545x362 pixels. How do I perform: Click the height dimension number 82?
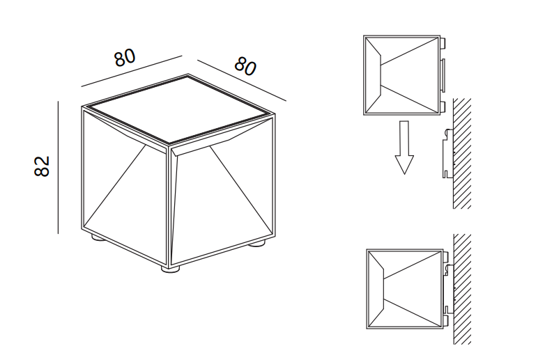[42, 166]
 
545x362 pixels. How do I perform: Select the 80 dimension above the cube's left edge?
[125, 58]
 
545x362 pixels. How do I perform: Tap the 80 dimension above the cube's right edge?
[245, 66]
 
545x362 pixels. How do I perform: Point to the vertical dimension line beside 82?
[59, 167]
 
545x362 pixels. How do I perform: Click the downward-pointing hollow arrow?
[404, 148]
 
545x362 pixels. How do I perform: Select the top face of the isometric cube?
[178, 109]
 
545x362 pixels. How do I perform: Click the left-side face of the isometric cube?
[125, 187]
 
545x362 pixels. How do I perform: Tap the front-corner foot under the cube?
[171, 269]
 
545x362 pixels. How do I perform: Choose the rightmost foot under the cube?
[257, 244]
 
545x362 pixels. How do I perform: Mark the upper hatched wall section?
[462, 153]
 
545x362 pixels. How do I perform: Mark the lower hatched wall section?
[462, 289]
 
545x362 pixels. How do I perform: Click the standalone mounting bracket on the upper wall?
[447, 153]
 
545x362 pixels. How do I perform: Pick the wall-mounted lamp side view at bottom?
[408, 289]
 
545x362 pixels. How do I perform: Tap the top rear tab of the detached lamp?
[443, 42]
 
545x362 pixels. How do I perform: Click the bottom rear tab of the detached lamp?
[443, 107]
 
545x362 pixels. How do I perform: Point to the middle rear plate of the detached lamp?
[443, 75]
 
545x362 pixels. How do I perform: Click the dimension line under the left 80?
[132, 71]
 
